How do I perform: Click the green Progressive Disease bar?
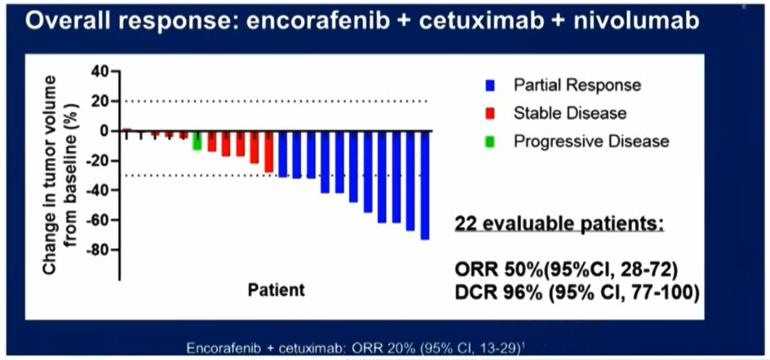[197, 139]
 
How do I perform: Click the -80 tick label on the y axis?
[99, 250]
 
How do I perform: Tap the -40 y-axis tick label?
[99, 190]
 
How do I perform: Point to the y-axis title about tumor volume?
[60, 174]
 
